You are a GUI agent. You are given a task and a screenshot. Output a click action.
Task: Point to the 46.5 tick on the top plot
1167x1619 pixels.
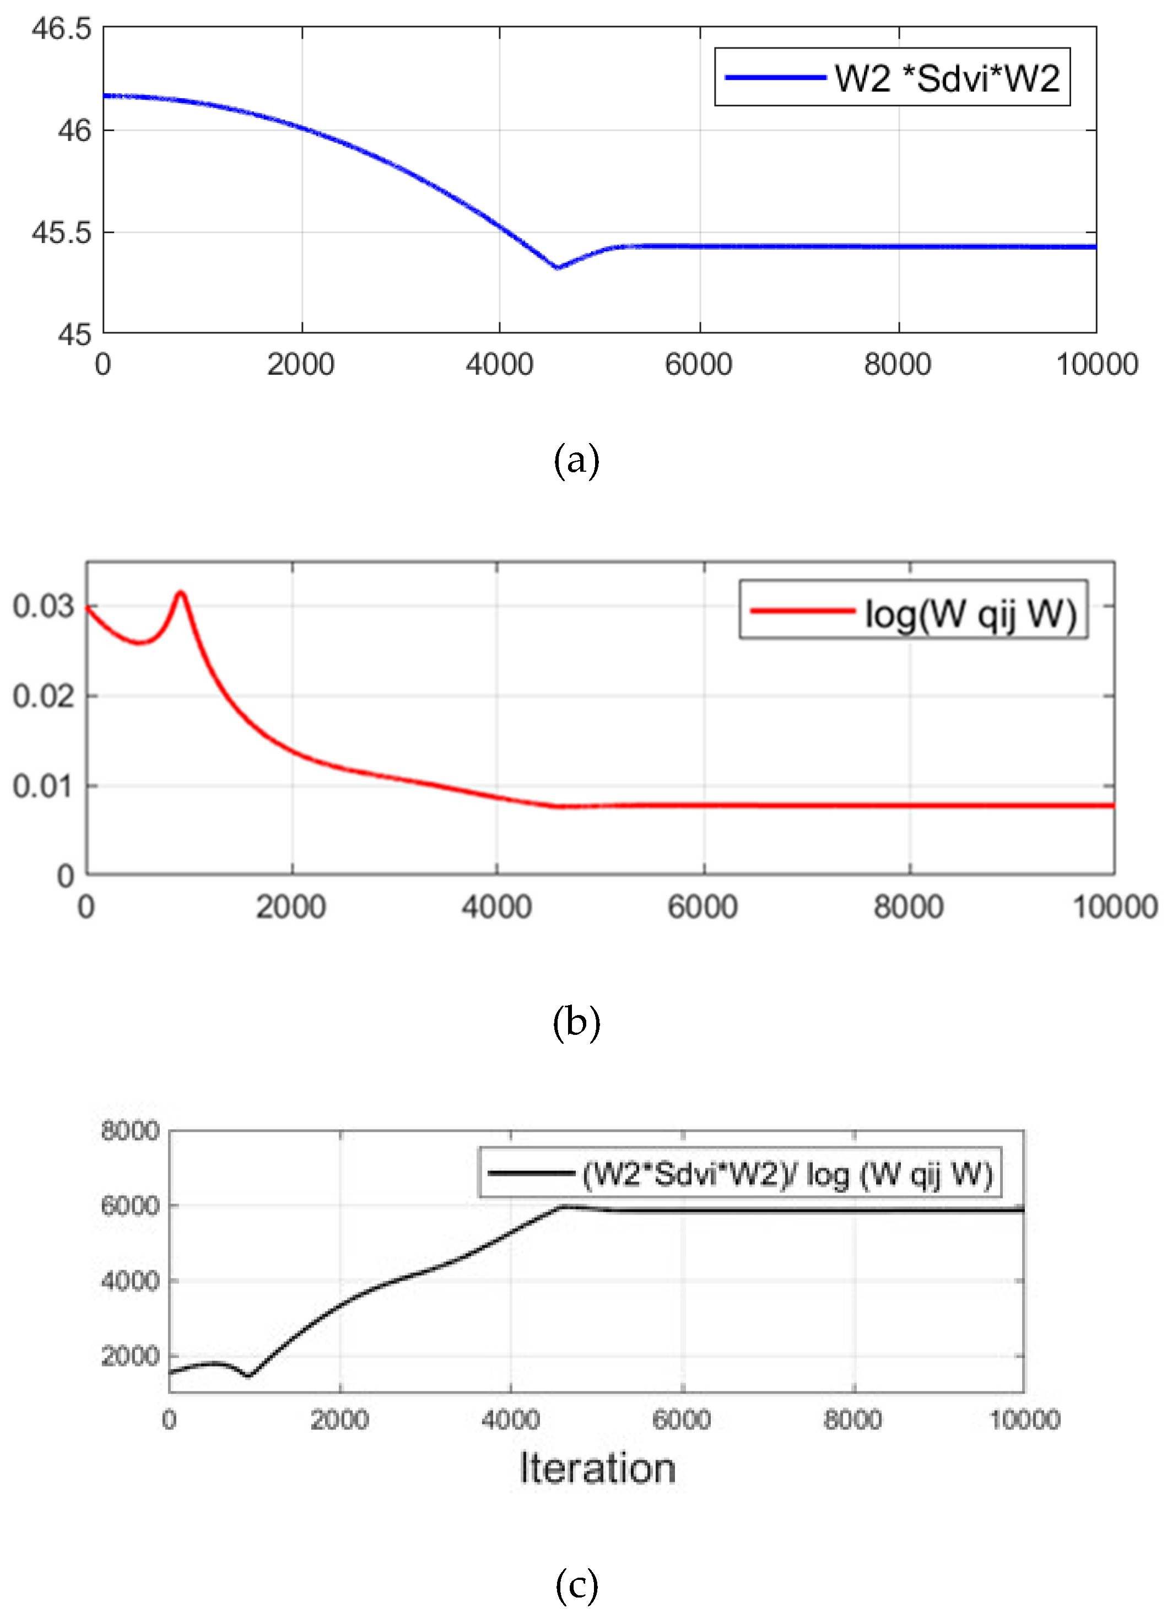[61, 29]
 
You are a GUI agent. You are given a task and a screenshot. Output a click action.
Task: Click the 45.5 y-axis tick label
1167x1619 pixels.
[61, 233]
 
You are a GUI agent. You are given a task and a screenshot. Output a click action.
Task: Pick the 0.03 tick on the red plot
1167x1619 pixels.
[44, 606]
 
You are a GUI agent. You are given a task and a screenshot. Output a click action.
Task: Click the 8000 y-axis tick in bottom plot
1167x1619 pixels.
[130, 1131]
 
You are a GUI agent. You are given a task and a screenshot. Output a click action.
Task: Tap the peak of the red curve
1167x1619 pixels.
[181, 592]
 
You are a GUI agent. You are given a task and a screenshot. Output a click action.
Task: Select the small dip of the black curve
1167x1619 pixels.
[248, 1375]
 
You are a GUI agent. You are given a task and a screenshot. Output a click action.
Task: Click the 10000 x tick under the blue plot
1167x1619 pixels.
[1096, 365]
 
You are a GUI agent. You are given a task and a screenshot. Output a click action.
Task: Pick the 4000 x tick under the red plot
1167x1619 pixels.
[497, 907]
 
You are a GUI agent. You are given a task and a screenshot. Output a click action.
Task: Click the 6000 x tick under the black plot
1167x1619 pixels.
[682, 1419]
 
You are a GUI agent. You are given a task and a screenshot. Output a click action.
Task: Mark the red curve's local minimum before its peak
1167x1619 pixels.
[140, 643]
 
